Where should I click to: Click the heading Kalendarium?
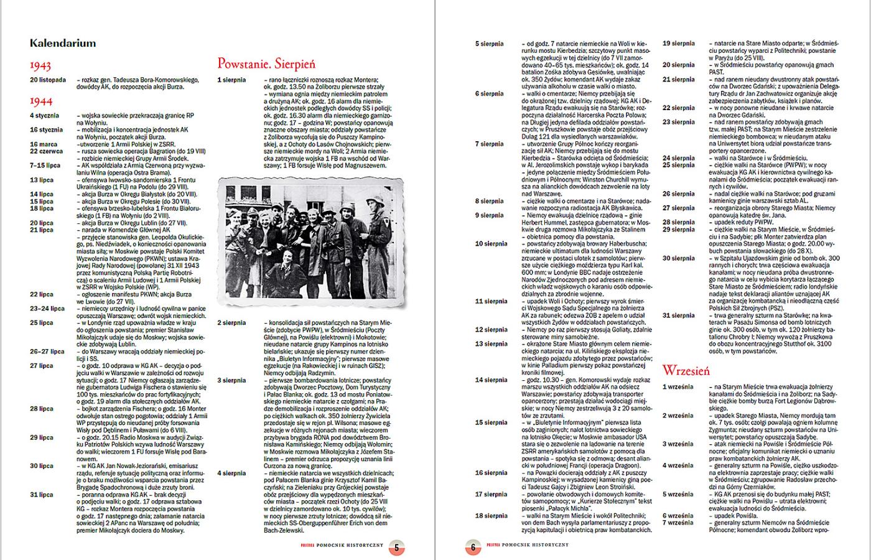click(x=62, y=44)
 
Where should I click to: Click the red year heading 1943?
click(x=40, y=65)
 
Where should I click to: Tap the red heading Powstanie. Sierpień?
click(x=266, y=63)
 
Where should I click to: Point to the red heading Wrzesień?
click(x=686, y=371)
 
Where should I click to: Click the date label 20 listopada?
click(x=47, y=80)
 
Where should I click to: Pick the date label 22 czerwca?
click(x=46, y=151)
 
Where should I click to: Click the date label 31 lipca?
click(x=42, y=495)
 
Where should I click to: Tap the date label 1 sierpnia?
click(x=231, y=80)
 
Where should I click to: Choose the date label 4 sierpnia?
click(x=231, y=474)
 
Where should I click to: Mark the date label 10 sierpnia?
click(x=491, y=244)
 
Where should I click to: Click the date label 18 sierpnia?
click(x=491, y=516)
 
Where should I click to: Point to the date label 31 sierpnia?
click(x=678, y=315)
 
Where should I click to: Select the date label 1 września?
click(x=678, y=387)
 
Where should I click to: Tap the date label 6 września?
click(x=678, y=516)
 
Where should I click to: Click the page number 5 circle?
click(x=398, y=548)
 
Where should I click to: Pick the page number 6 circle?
click(x=473, y=548)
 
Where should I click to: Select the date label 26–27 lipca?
click(x=47, y=352)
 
